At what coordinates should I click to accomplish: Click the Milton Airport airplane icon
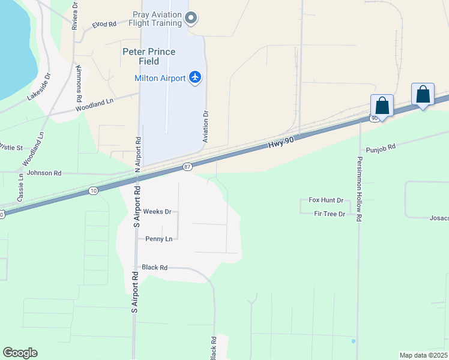pyautogui.click(x=194, y=77)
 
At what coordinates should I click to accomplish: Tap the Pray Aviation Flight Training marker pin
pyautogui.click(x=191, y=18)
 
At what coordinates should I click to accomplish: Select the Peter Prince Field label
pyautogui.click(x=149, y=56)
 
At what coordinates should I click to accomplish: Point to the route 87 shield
pyautogui.click(x=187, y=167)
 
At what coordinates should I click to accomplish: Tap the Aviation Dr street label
pyautogui.click(x=205, y=126)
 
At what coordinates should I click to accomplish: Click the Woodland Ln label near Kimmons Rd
pyautogui.click(x=94, y=106)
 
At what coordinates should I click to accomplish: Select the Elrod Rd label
pyautogui.click(x=104, y=25)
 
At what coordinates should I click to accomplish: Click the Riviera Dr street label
pyautogui.click(x=75, y=16)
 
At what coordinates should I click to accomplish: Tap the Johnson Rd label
pyautogui.click(x=44, y=173)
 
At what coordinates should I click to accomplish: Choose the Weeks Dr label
pyautogui.click(x=157, y=212)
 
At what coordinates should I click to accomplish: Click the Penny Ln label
pyautogui.click(x=158, y=239)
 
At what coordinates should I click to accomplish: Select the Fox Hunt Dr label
pyautogui.click(x=325, y=200)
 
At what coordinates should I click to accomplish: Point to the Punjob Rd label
pyautogui.click(x=381, y=147)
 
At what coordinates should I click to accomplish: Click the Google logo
pyautogui.click(x=20, y=353)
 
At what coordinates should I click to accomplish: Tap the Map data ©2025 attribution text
pyautogui.click(x=423, y=355)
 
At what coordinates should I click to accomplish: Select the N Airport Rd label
pyautogui.click(x=139, y=153)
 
